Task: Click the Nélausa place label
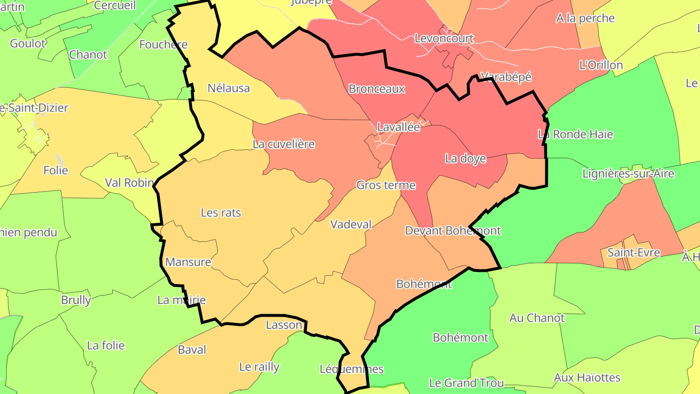tap(228, 88)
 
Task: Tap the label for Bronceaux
tap(377, 89)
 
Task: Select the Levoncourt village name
tap(444, 38)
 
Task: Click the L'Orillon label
tap(601, 65)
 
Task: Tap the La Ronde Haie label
tap(576, 134)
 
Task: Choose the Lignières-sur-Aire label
tap(628, 174)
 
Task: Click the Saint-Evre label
tap(633, 252)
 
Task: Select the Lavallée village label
tap(399, 127)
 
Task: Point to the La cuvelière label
tap(283, 144)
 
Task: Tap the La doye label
tap(465, 159)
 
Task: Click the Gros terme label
tap(386, 185)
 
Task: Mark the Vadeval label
tap(350, 224)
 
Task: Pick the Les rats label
tap(221, 213)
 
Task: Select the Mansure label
tap(188, 262)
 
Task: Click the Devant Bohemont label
tap(453, 231)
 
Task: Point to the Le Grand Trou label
tap(466, 383)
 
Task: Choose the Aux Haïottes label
tap(587, 377)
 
